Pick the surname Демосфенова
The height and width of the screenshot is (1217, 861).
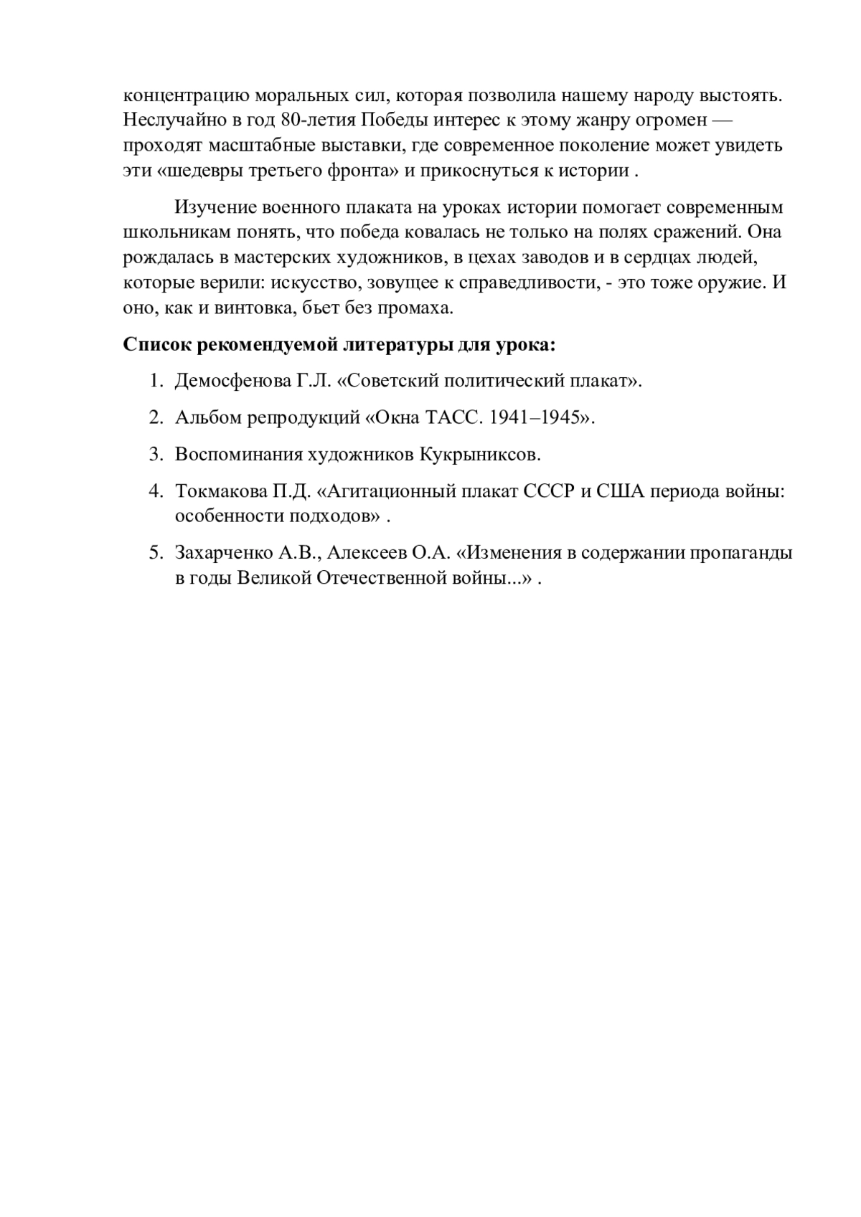[x=232, y=381]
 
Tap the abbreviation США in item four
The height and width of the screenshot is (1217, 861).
[x=620, y=492]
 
